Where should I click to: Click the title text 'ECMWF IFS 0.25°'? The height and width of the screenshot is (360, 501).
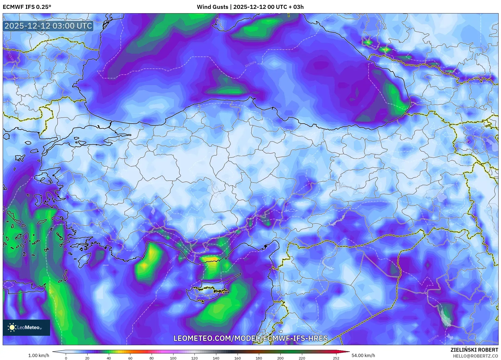pos(27,7)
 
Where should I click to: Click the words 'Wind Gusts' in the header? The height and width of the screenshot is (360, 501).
pos(212,7)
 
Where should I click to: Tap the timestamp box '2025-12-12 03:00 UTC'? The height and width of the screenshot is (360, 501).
pos(48,26)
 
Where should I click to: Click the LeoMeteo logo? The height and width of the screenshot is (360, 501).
pos(26,327)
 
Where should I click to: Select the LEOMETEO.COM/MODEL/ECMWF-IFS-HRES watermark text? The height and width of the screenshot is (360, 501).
pos(250,338)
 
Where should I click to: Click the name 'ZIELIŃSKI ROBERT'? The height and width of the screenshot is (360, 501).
pos(474,350)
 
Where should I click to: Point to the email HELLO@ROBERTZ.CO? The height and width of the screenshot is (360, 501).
pos(475,356)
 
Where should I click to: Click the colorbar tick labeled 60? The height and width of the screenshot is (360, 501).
pos(130,358)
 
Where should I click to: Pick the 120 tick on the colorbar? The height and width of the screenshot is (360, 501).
pos(194,358)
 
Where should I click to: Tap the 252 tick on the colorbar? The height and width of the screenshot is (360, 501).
pos(336,358)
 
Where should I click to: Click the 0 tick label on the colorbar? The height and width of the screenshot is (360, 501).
pos(66,358)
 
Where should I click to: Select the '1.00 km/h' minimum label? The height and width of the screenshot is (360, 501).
pos(39,355)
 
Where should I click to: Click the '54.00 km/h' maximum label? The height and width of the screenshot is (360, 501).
pos(363,355)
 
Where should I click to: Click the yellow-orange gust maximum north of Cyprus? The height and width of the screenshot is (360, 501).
pos(213,259)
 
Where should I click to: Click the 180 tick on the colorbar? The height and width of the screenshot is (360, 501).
pos(259,358)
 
